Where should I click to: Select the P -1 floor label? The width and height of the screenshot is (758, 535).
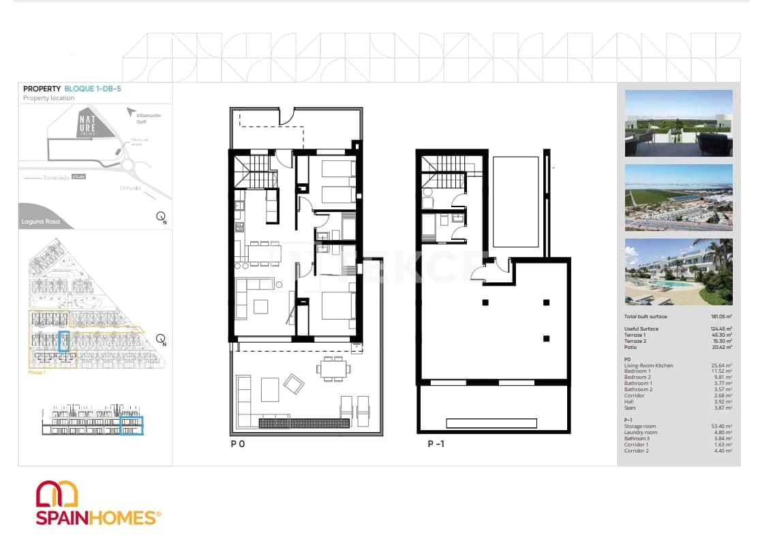coord(436,444)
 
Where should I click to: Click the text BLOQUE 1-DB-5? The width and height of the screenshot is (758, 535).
coord(93,89)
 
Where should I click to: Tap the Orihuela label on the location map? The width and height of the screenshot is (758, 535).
coord(130,188)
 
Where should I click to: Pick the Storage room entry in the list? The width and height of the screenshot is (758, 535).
coord(641,426)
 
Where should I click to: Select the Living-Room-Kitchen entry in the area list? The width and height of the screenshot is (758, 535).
coord(648,365)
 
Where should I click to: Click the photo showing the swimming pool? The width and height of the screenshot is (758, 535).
coord(678,271)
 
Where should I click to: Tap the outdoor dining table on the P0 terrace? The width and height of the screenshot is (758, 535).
coord(334,369)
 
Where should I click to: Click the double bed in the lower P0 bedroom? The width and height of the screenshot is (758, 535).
coord(337,306)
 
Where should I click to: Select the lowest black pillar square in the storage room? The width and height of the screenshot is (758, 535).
coord(547,338)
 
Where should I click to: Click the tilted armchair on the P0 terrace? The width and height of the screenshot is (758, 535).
coord(294,384)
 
